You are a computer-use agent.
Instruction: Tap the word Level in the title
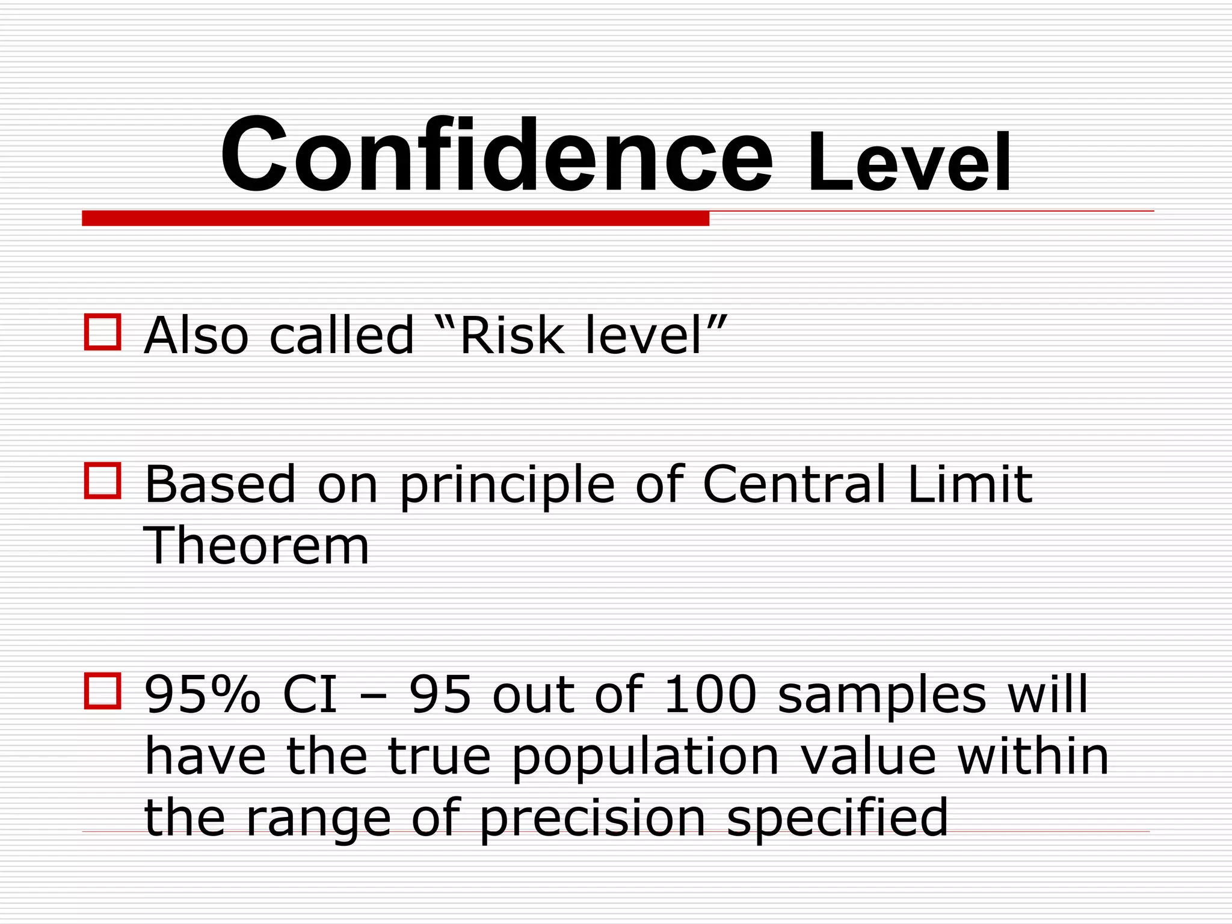point(909,164)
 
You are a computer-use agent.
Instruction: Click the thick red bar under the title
point(395,218)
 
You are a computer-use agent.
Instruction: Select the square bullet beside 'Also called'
point(102,331)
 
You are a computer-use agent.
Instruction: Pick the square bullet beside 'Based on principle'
point(102,480)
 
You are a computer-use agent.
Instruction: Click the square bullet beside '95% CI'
point(102,690)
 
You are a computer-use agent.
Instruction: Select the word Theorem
point(256,546)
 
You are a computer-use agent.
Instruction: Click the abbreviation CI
point(310,694)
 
